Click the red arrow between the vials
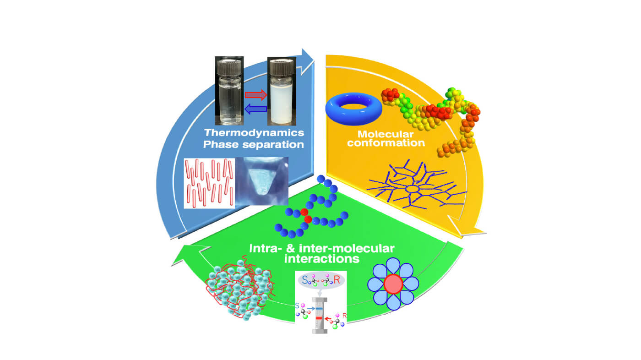coord(255,95)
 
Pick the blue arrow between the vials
coord(255,109)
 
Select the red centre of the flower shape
coord(393,284)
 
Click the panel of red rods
coord(209,183)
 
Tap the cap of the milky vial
coord(281,66)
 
